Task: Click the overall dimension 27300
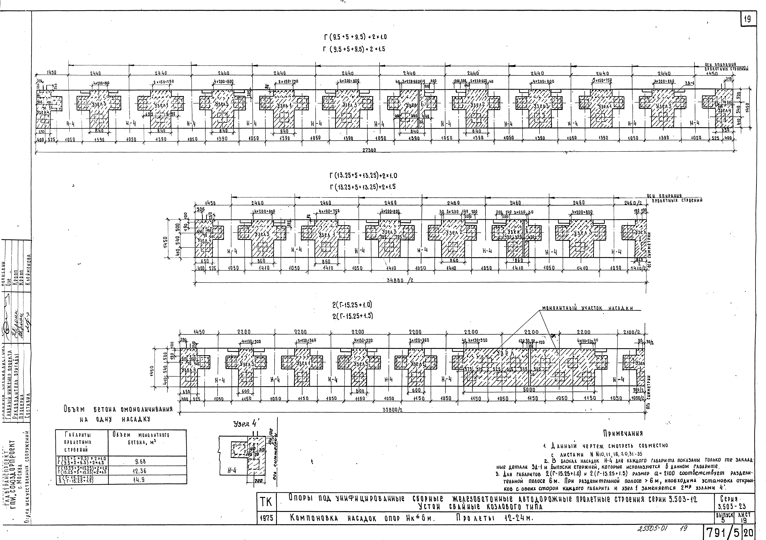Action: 369,150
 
